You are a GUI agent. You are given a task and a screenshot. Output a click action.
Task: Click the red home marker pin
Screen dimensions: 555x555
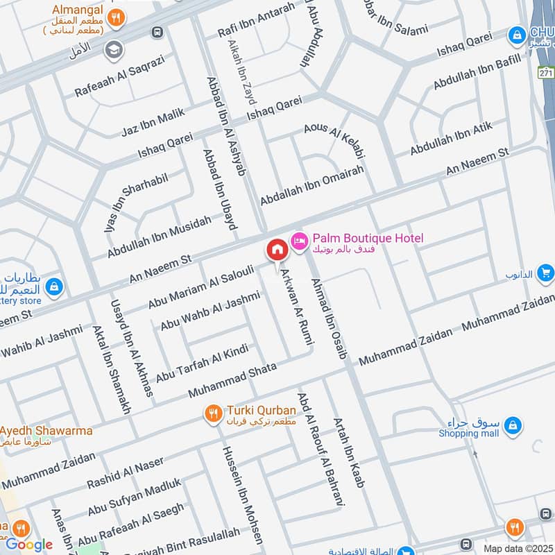point(276,250)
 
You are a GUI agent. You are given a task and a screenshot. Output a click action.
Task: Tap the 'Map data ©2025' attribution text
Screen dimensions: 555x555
point(518,548)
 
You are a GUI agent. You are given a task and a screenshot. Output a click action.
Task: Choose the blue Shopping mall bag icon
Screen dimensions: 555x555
point(513,424)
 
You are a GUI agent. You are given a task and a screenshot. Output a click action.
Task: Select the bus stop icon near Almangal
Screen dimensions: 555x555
point(158,32)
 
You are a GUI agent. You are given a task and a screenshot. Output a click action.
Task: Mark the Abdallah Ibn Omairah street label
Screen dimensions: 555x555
point(311,185)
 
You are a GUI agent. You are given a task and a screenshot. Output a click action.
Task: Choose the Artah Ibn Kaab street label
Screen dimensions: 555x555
point(348,452)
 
